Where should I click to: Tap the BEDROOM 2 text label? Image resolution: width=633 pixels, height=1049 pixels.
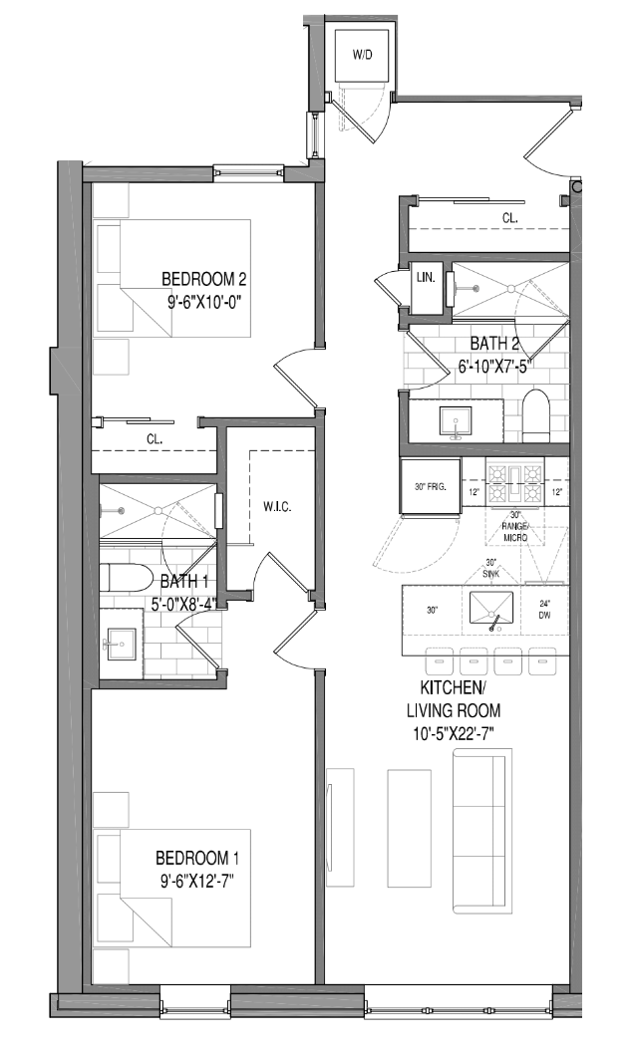click(204, 279)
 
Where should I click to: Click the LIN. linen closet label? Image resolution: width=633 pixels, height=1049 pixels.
click(425, 278)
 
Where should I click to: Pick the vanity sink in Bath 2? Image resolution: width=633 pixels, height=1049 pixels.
click(457, 422)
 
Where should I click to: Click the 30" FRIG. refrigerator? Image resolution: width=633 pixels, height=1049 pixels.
click(430, 486)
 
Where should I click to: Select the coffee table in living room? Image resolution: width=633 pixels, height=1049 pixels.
click(410, 827)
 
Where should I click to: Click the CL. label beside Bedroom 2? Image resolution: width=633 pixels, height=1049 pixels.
click(155, 437)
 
